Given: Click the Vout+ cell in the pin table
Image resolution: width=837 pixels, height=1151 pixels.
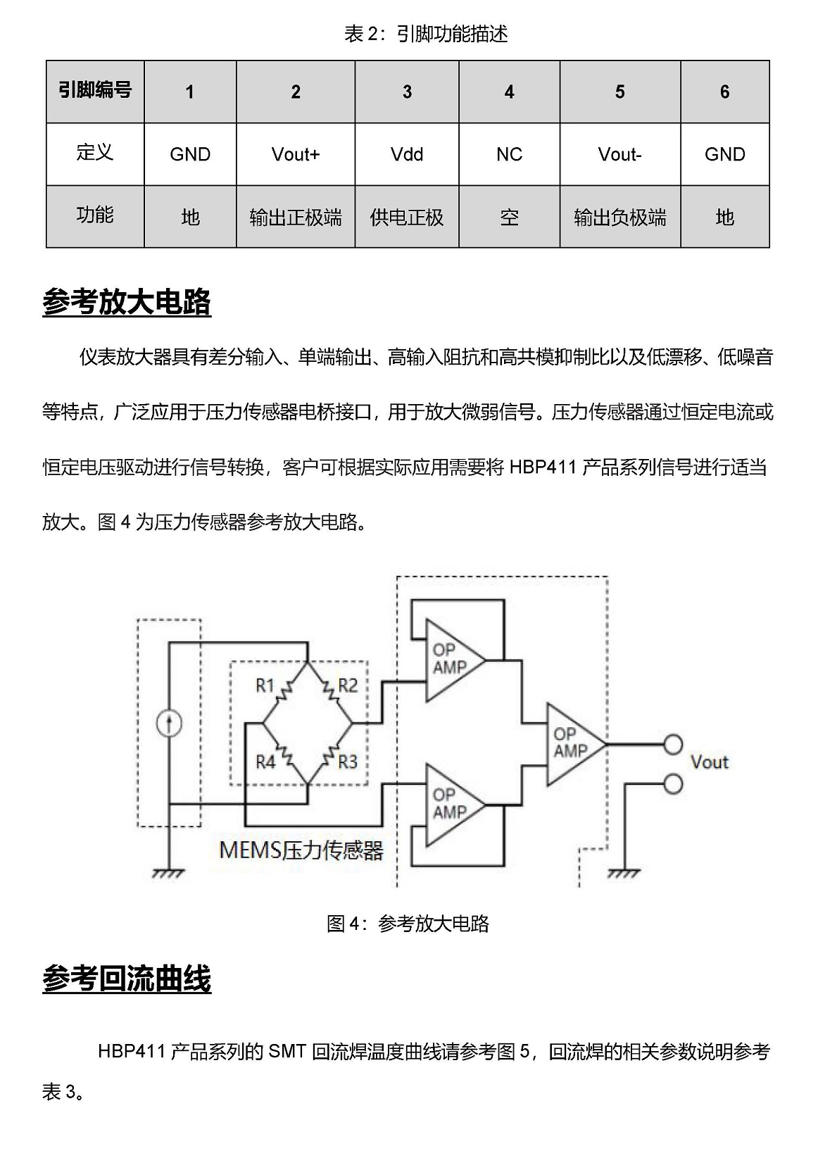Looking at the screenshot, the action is coord(296,154).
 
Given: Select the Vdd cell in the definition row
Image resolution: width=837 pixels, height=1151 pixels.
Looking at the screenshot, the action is coord(407,154).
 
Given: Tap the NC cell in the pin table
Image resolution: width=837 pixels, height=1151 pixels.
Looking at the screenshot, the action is coord(509,154).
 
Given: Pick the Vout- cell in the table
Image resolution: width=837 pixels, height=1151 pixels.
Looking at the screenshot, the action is coord(620,154).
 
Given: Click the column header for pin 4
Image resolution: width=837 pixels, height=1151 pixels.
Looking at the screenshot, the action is coord(509,92).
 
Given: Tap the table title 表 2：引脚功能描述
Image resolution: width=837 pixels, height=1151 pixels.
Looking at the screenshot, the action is coord(426,34).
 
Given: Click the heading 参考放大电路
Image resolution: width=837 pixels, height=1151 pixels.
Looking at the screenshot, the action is coord(127,301).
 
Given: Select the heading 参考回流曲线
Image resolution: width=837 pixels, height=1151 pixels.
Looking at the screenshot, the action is coord(127,979).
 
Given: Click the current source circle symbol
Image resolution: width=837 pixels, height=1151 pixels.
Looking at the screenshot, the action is coord(169,724).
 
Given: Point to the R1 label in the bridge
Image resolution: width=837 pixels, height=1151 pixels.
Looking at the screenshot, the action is coord(265,685).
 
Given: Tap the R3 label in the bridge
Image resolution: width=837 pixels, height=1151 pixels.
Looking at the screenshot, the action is coord(348,762).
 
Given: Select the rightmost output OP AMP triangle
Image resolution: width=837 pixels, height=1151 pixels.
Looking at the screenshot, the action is coord(575,744).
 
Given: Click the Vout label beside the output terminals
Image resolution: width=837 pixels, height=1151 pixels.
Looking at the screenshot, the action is coord(710,762).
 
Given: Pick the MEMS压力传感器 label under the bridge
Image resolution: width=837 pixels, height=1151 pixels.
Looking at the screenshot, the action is coord(301,850).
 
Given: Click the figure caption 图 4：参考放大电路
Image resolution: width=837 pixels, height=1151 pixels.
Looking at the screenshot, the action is coord(408,924).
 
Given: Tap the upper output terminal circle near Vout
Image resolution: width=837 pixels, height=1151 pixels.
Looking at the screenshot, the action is coord(673,745).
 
